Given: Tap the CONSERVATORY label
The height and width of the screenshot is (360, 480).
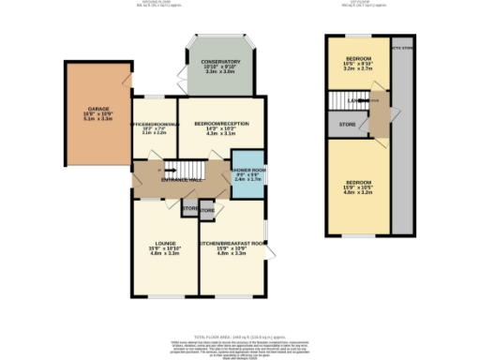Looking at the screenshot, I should point(221,62).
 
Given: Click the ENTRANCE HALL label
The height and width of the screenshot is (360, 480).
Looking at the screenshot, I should point(182,178).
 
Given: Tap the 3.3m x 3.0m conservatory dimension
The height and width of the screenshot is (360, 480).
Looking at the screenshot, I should point(221,72).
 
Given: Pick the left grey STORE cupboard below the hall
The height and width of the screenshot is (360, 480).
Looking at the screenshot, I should point(189,208).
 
